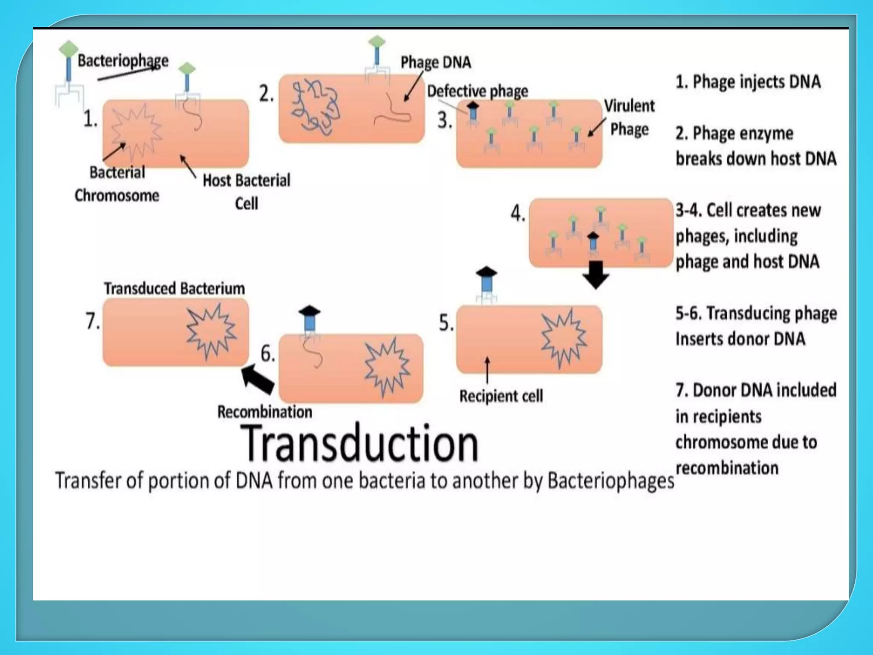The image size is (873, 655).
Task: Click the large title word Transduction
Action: pyautogui.click(x=359, y=443)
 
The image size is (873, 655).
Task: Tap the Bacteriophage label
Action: pyautogui.click(x=123, y=61)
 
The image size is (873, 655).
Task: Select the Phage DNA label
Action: pyautogui.click(x=436, y=62)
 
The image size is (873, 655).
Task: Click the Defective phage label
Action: pyautogui.click(x=477, y=91)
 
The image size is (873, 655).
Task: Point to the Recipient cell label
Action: pyautogui.click(x=501, y=396)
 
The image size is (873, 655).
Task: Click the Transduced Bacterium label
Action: pyautogui.click(x=174, y=289)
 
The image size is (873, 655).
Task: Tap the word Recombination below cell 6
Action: pyautogui.click(x=265, y=412)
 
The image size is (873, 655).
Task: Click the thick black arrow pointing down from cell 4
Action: pyautogui.click(x=595, y=275)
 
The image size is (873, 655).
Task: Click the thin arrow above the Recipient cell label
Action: pyautogui.click(x=487, y=370)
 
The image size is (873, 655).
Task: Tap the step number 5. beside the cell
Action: pyautogui.click(x=446, y=323)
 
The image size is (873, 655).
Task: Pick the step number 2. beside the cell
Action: pyautogui.click(x=266, y=93)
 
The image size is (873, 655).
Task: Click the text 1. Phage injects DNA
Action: pyautogui.click(x=748, y=82)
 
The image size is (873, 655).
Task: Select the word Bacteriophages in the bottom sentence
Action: pyautogui.click(x=610, y=481)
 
